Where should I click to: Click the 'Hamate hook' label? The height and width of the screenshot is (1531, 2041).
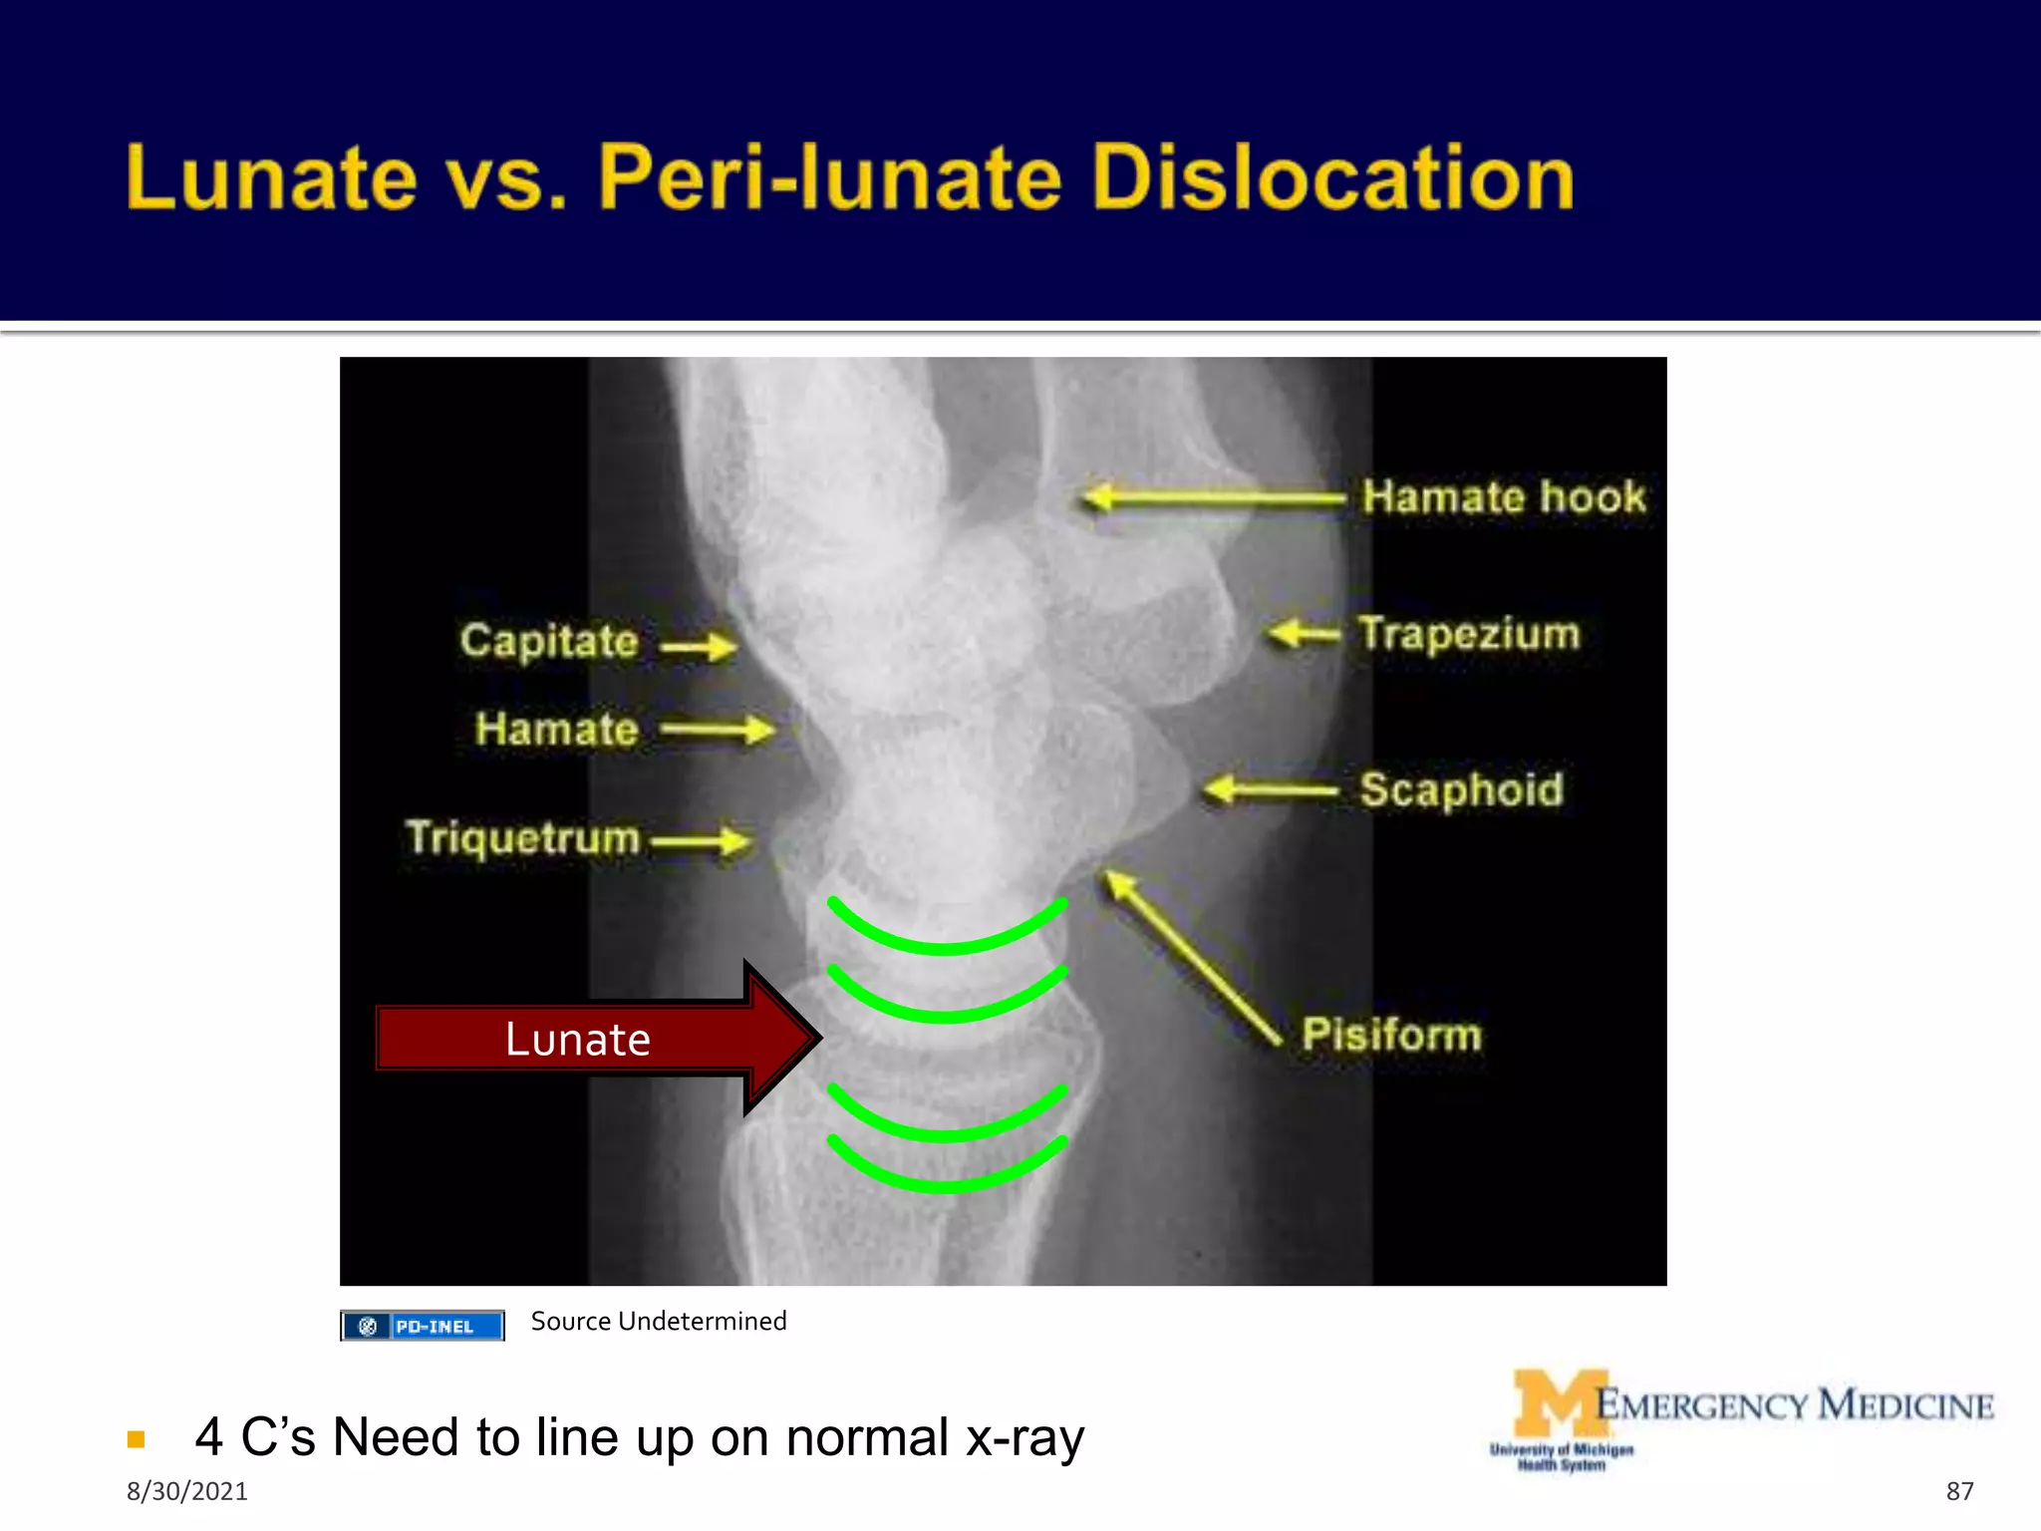point(1503,496)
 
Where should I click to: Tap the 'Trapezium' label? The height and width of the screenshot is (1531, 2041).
point(1469,634)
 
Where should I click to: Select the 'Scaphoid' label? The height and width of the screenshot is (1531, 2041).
point(1461,789)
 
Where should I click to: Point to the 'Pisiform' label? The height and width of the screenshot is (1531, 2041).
point(1391,1034)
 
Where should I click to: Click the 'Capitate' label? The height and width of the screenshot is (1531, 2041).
point(549,641)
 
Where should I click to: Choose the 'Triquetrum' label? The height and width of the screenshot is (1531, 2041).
point(522,837)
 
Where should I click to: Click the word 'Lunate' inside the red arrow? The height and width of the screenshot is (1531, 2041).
point(577,1039)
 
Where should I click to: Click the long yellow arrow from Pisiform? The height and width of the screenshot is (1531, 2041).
point(1191,957)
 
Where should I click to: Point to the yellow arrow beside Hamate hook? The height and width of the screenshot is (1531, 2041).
point(1211,496)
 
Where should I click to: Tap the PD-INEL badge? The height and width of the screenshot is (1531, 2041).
point(423,1326)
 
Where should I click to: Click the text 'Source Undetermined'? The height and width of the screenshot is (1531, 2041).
point(659,1322)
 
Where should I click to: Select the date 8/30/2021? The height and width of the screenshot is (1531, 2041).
point(186,1491)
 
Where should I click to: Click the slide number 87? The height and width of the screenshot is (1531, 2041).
point(1959,1491)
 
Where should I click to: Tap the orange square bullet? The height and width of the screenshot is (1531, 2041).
point(137,1439)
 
